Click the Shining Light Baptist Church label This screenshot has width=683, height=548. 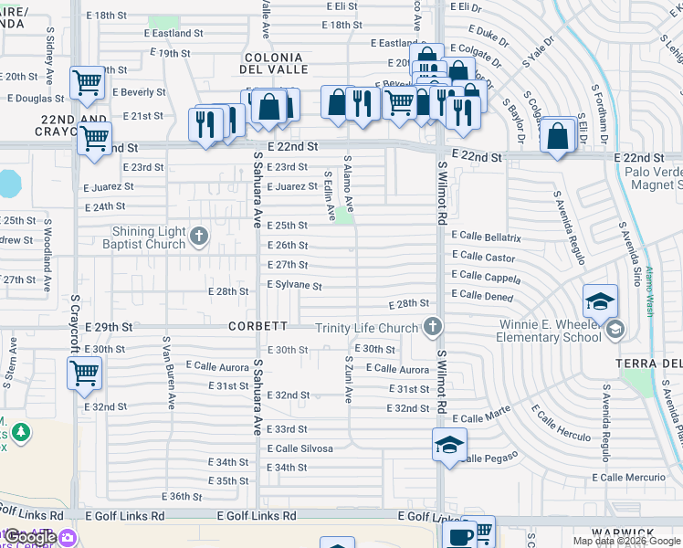point(149,237)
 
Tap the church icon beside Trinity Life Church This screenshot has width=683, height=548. point(434,326)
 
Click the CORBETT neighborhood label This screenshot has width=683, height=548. point(265,326)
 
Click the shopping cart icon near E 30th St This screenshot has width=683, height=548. point(84,372)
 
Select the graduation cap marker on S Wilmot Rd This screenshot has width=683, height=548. point(449,445)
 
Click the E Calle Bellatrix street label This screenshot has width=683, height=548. point(486,237)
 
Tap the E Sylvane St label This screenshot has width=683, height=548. point(294,286)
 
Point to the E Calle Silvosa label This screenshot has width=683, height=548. point(299,448)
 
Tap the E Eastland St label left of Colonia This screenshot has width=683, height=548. point(173,33)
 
